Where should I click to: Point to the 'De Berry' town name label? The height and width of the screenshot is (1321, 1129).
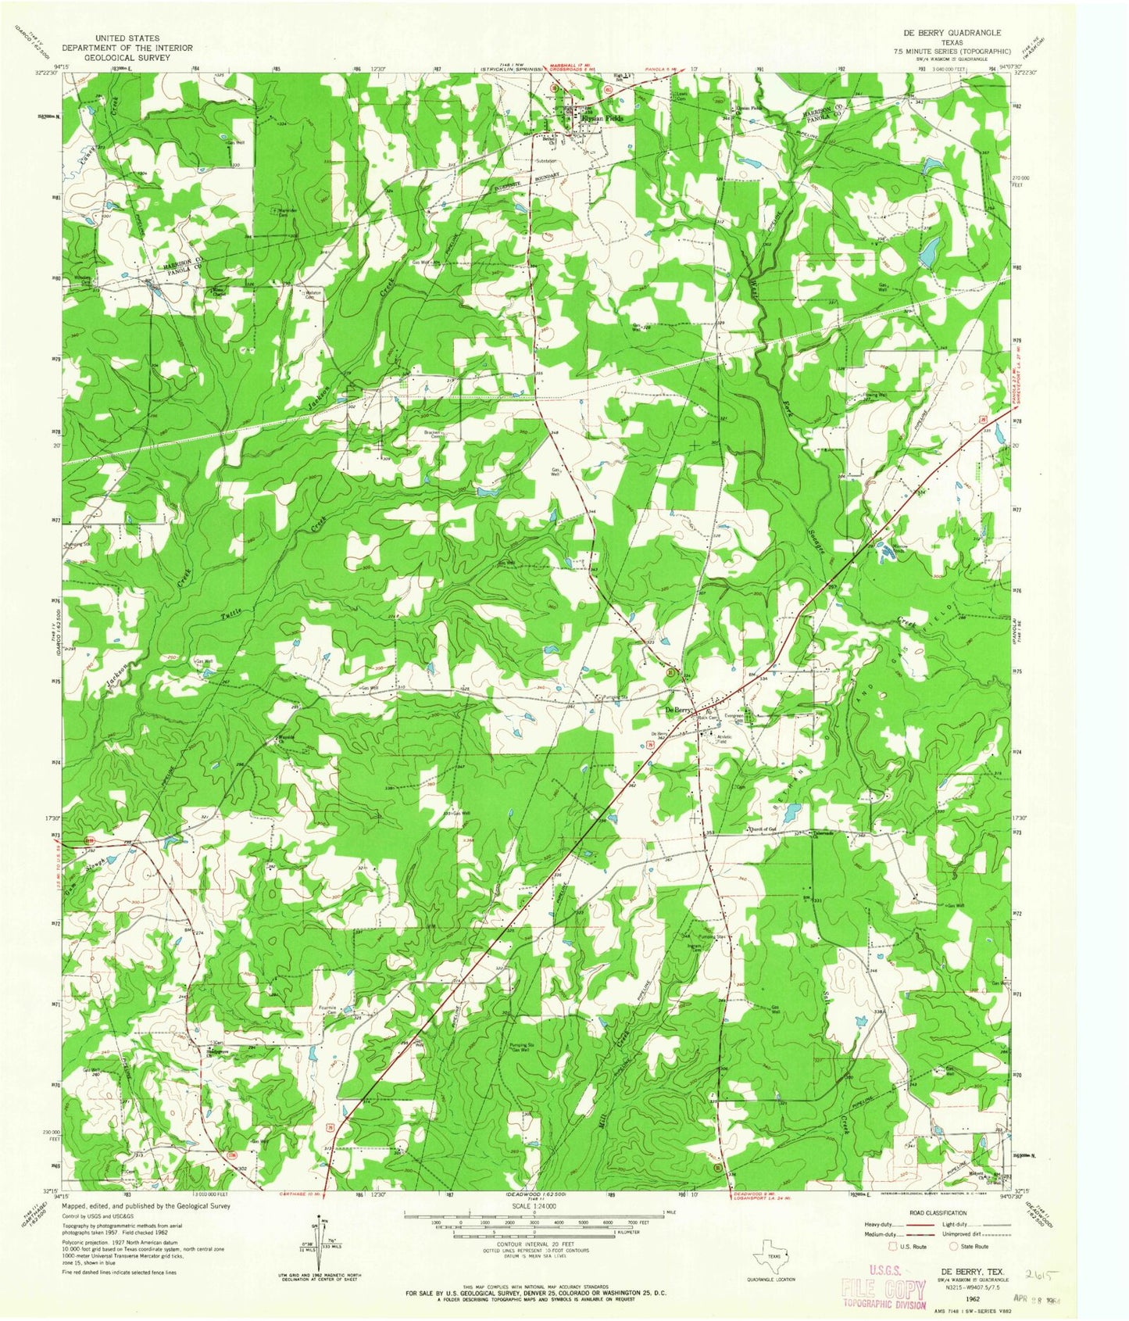coord(678,710)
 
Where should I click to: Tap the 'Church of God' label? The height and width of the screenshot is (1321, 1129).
coord(761,829)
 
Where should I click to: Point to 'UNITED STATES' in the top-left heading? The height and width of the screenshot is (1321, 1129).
coord(124,38)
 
